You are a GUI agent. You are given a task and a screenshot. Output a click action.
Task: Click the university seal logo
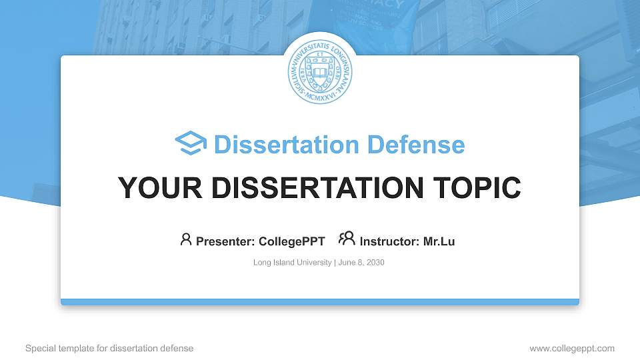pyautogui.click(x=320, y=69)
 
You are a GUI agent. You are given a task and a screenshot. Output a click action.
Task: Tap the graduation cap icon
pyautogui.click(x=191, y=143)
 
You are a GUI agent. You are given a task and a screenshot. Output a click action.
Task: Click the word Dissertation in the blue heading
pyautogui.click(x=277, y=145)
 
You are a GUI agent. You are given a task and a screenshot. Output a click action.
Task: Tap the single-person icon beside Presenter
pyautogui.click(x=186, y=239)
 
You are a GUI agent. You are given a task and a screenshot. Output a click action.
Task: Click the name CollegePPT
pyautogui.click(x=293, y=241)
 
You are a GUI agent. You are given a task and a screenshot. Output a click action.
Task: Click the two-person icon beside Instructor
pyautogui.click(x=347, y=239)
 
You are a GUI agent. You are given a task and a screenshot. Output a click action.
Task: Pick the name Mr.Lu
pyautogui.click(x=439, y=241)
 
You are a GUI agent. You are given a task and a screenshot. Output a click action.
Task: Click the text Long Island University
pyautogui.click(x=292, y=263)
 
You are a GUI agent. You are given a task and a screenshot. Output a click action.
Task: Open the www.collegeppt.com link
pyautogui.click(x=572, y=349)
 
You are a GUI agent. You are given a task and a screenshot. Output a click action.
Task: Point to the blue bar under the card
pyautogui.click(x=320, y=302)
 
